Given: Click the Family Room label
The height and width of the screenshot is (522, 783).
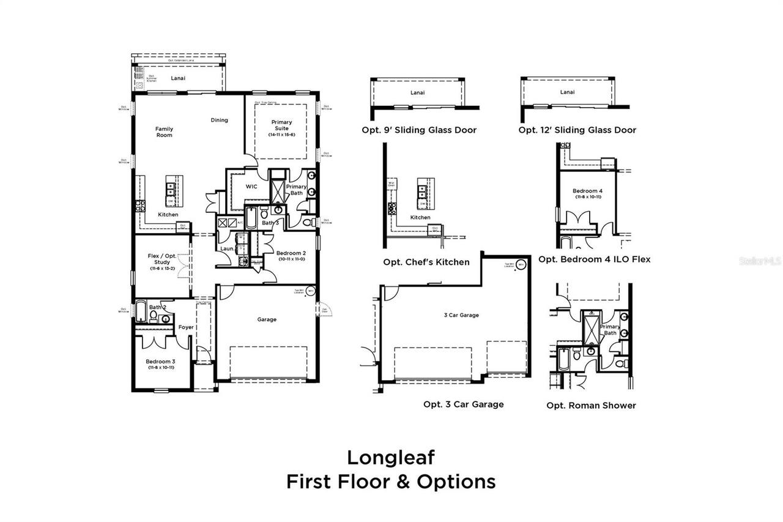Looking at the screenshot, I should pos(163,132).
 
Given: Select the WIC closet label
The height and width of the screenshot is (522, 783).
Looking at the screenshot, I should pos(251,187).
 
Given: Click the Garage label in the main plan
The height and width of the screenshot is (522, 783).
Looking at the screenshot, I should pos(267,319).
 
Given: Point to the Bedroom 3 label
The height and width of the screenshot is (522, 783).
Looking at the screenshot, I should pos(161,362).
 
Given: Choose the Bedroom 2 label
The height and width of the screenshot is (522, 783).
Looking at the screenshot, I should pos(291,253).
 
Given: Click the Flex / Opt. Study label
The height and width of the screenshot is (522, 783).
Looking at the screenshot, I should pos(162,259).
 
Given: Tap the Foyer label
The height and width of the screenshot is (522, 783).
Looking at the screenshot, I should pos(186,327).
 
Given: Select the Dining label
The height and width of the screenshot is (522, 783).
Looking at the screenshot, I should pos(219,120).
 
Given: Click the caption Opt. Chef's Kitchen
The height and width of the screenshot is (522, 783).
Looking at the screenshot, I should pos(426,262).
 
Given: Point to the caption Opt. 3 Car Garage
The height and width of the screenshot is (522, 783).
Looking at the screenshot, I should pos(463,404).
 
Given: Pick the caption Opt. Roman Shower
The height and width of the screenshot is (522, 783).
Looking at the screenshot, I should pos(591,405).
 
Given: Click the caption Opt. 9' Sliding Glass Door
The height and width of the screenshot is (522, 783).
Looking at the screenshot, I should pos(418,130).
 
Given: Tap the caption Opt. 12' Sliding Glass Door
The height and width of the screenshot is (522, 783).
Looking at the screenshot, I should pos(577,130).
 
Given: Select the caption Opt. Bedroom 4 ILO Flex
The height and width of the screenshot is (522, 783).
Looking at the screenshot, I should pos(594,259).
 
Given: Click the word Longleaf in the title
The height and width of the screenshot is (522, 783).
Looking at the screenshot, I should pos(391,457).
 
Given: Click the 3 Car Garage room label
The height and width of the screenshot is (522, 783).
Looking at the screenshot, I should pos(461,315).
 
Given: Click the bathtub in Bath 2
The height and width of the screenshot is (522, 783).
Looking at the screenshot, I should pos(141,311).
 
